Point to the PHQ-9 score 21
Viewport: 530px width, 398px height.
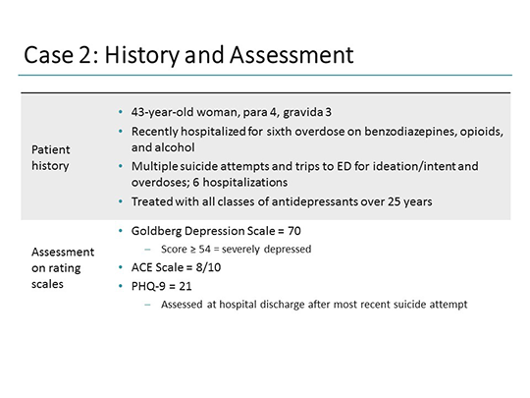(188, 286)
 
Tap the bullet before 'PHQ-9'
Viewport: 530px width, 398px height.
(119, 286)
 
